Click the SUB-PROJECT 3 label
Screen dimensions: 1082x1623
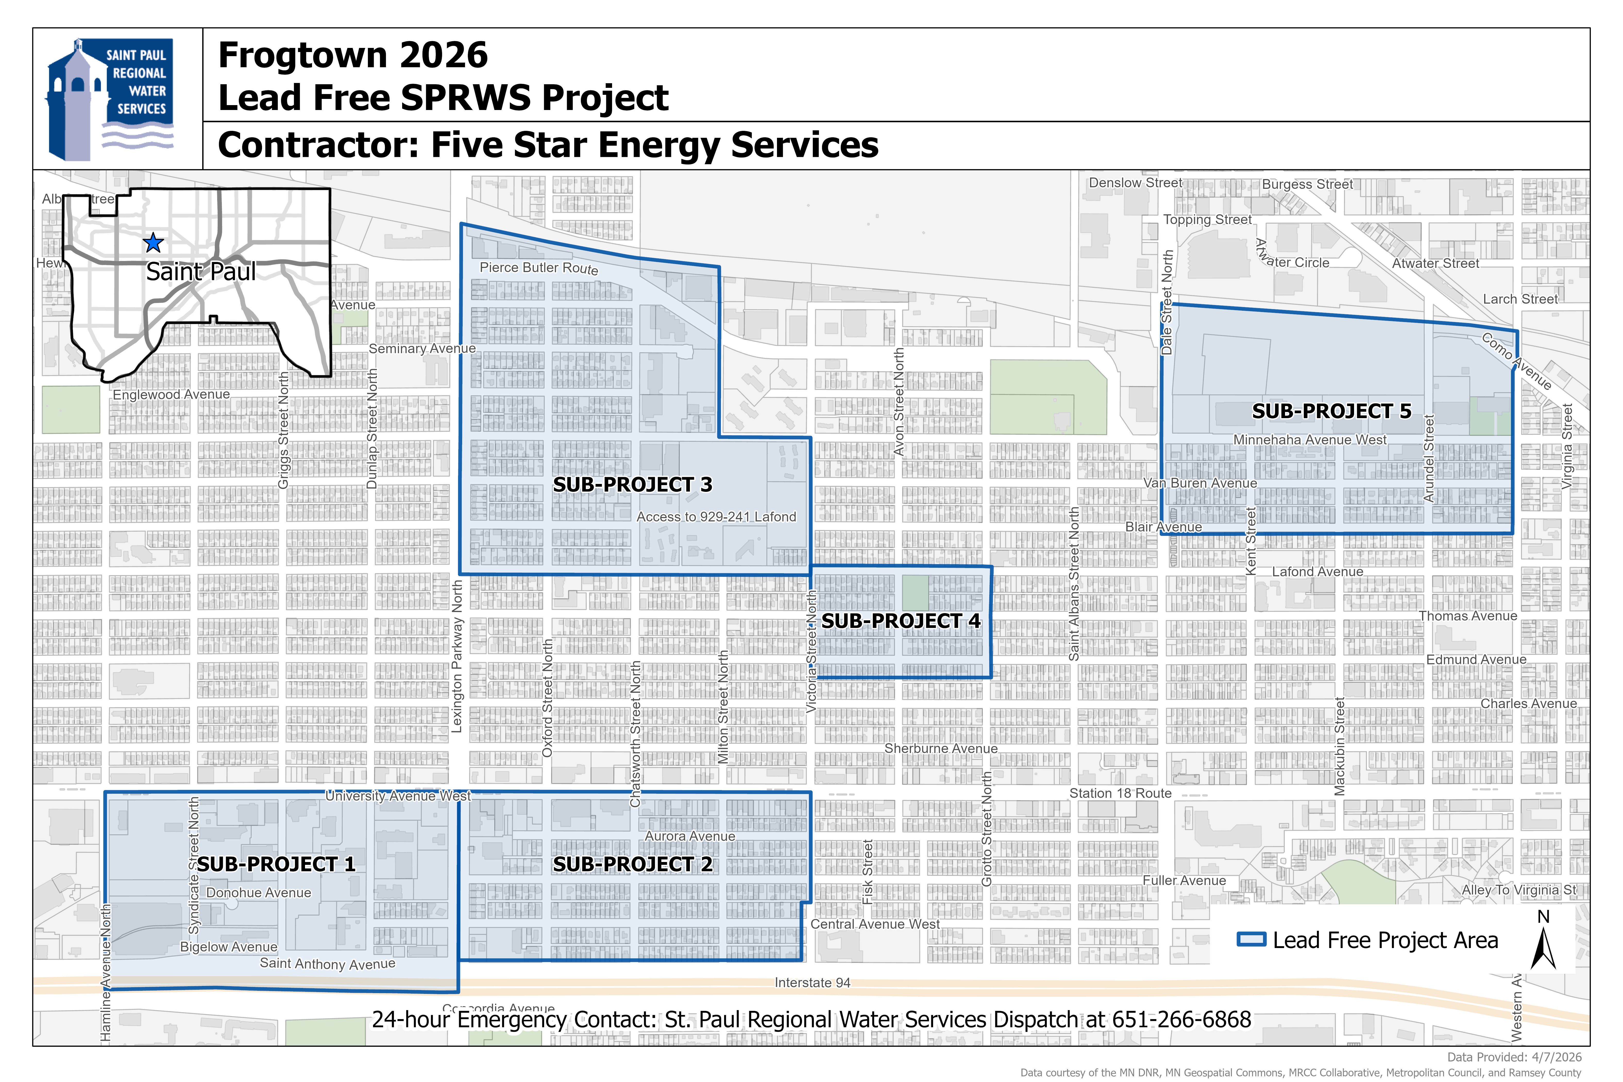pos(632,484)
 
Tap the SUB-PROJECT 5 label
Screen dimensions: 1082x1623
pos(1331,411)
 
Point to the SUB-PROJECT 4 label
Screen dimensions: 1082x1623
pos(901,621)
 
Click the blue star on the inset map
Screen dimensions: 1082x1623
pos(153,243)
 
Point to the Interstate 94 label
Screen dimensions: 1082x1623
pos(812,983)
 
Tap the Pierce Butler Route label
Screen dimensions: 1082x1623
pos(539,268)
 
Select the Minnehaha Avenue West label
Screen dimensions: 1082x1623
pos(1310,439)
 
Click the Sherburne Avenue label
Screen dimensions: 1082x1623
pos(941,749)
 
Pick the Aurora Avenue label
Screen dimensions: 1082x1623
pos(689,836)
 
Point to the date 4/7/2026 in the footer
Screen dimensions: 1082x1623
pos(1556,1057)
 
